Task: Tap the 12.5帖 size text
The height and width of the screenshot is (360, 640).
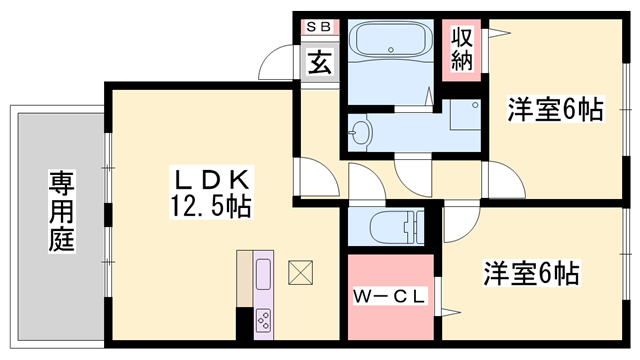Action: tap(211, 208)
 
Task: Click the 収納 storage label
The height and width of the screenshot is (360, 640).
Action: tap(461, 49)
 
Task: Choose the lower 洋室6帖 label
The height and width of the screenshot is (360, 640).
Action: tap(534, 272)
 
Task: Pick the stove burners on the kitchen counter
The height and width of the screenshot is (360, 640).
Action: tap(264, 321)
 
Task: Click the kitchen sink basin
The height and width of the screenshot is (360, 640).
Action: tap(263, 275)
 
